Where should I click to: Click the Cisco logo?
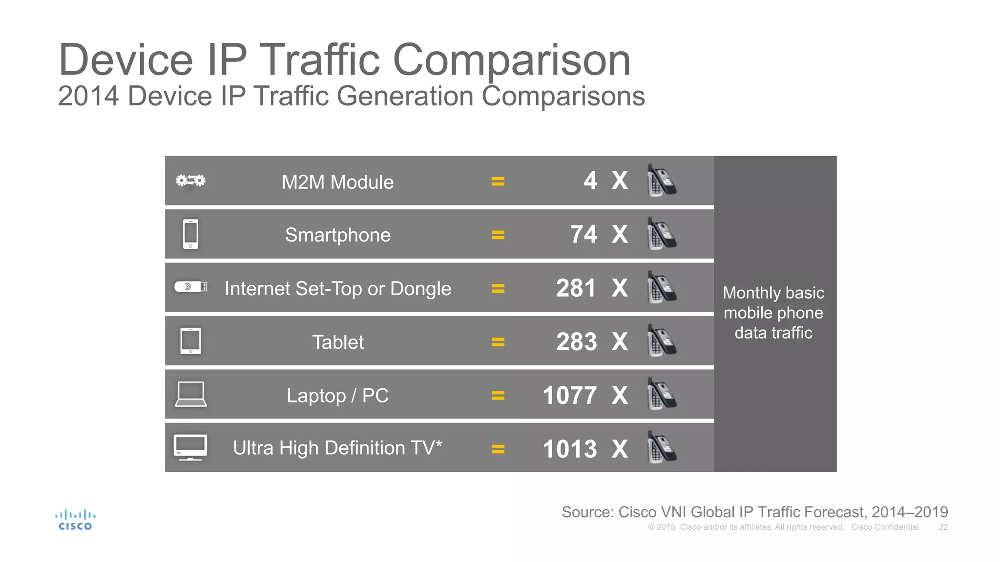75,520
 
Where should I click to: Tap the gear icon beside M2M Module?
190,181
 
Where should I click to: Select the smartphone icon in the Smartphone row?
190,234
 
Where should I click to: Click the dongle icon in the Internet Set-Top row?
190,287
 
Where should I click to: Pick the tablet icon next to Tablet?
190,341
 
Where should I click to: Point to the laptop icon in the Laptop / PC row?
190,394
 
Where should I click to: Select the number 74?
583,235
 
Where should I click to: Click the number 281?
576,288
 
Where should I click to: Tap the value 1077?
570,396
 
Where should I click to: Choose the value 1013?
570,449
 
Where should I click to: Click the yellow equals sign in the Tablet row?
498,342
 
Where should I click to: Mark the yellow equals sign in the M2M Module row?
498,182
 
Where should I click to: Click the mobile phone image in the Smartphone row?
662,234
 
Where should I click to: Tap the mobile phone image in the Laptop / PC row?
662,394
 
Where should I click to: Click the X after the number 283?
620,342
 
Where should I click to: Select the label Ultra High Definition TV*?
337,448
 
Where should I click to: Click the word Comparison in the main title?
511,60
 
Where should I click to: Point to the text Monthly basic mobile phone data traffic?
773,313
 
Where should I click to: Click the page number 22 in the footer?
943,527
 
